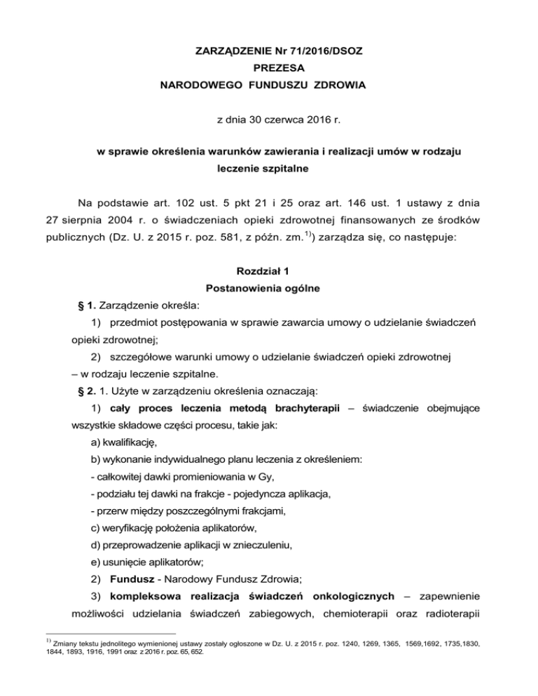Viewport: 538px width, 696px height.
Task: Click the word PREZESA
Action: tap(268, 71)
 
